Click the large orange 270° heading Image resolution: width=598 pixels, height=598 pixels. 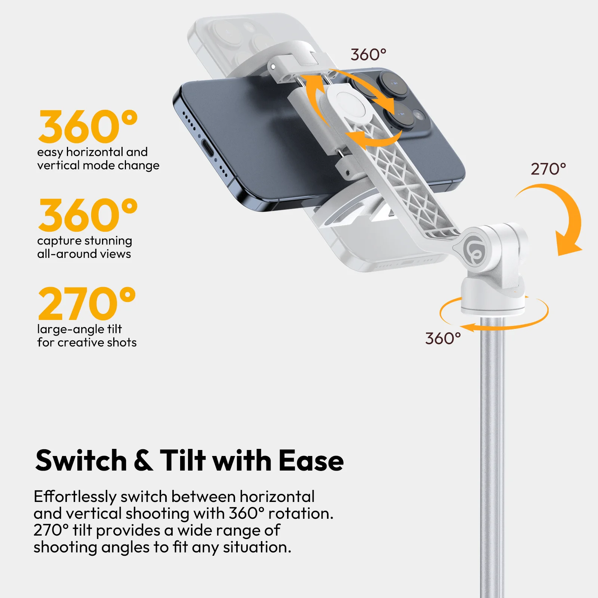coord(87,303)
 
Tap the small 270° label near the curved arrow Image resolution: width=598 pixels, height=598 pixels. coord(548,169)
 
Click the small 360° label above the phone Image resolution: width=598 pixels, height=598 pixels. coord(368,55)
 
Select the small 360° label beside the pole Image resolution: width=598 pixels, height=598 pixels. coord(443,339)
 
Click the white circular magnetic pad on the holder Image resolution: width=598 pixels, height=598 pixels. coord(350,104)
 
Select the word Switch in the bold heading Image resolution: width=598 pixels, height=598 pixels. coord(81,460)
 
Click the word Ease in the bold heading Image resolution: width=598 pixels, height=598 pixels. coord(311,460)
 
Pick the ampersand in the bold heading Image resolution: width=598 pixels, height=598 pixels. coord(143,460)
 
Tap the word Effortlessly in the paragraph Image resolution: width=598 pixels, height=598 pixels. coord(75,497)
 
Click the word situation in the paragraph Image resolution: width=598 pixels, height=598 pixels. coord(257,547)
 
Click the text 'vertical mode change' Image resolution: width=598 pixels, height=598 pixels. coord(98,165)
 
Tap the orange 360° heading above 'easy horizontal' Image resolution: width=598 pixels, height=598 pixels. coord(88,126)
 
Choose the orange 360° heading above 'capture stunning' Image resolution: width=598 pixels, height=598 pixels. coord(88,215)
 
